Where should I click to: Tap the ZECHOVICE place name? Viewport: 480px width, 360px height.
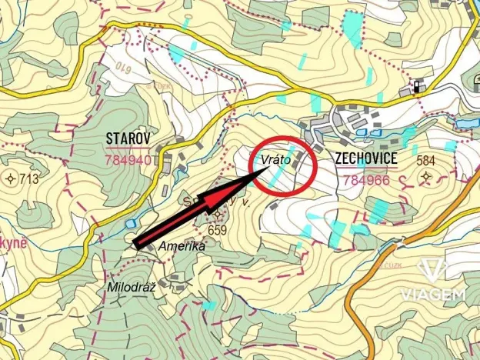click(366, 158)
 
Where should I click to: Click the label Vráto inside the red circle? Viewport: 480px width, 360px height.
click(275, 160)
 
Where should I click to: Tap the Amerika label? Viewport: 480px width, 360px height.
click(182, 247)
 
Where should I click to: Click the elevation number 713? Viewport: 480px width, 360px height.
click(29, 180)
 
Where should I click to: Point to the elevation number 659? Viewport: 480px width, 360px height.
click(218, 229)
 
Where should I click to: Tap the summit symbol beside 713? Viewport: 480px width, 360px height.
click(11, 180)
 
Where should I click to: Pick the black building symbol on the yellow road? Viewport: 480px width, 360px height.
click(417, 86)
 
